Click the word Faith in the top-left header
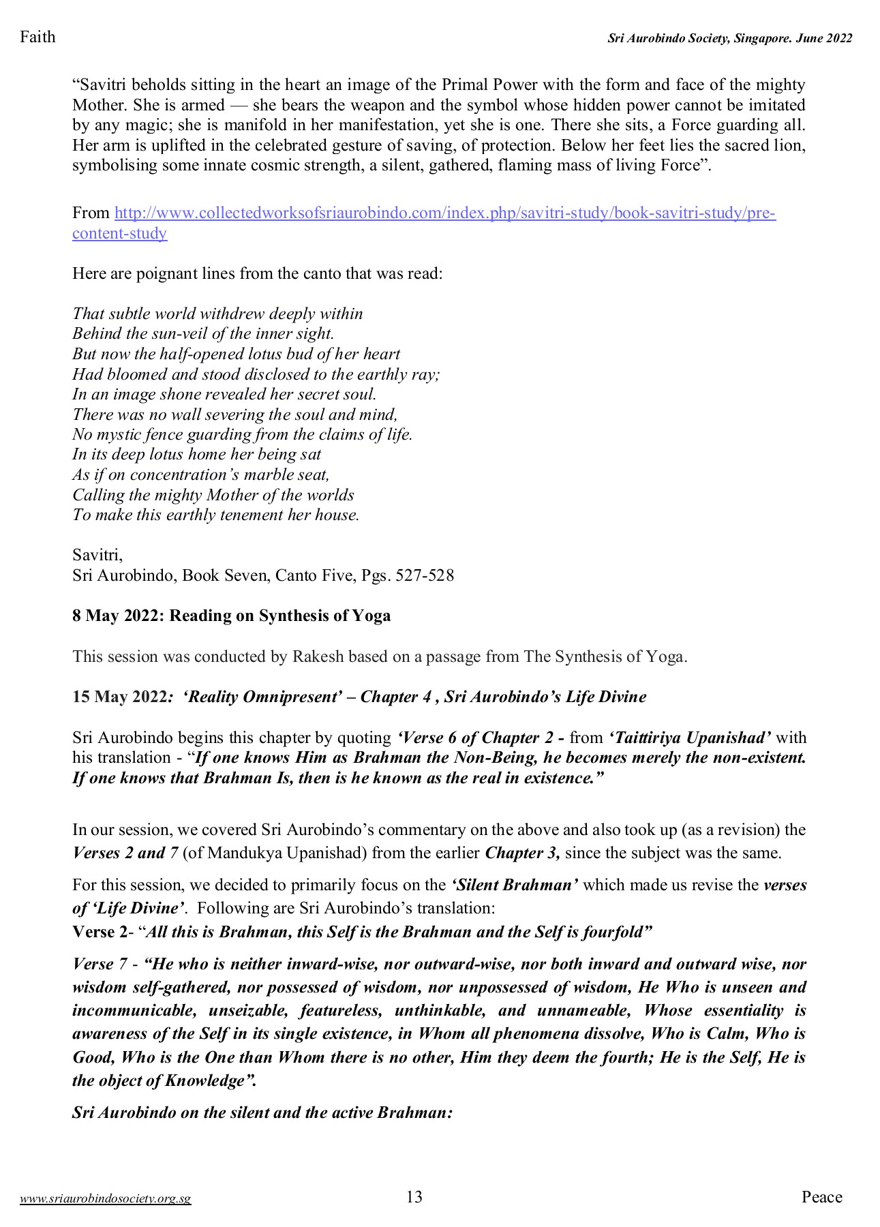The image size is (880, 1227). [x=37, y=37]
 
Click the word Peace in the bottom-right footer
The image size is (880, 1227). [x=821, y=1197]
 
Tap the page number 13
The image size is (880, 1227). [x=414, y=1197]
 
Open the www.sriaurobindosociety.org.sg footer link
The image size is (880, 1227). [x=106, y=1199]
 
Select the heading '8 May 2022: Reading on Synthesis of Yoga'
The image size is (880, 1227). [x=232, y=616]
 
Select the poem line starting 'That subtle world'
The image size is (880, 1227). [x=217, y=314]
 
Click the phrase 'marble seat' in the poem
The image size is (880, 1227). [x=288, y=474]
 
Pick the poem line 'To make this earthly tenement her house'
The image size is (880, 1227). [x=215, y=515]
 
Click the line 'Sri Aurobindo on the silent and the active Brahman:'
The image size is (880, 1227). [x=262, y=1112]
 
